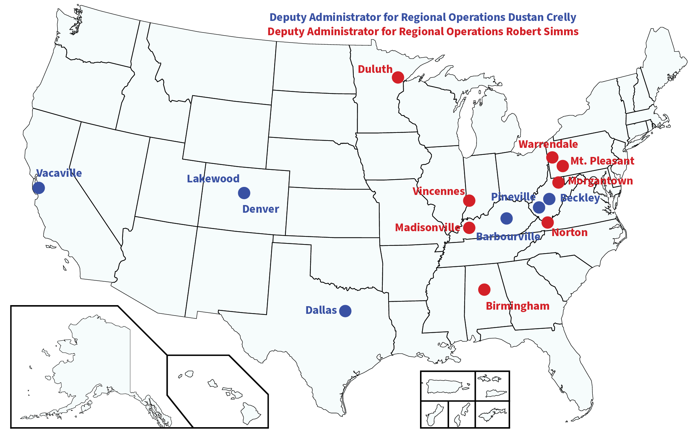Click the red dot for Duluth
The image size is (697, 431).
[x=398, y=77]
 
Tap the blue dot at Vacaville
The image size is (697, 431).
[x=39, y=188]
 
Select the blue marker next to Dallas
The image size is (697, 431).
[x=345, y=311]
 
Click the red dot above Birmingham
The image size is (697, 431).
[x=484, y=289]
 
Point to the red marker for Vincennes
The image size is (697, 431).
[x=469, y=201]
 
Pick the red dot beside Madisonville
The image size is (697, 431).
[x=469, y=228]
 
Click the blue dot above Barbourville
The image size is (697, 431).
[x=507, y=218]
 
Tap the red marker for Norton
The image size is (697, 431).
[x=547, y=222]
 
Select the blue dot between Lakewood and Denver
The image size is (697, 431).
[x=244, y=192]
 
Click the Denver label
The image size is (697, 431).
[x=261, y=209]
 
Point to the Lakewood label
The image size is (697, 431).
[x=213, y=179]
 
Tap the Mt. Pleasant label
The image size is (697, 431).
[x=602, y=161]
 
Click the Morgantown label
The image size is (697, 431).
[x=600, y=181]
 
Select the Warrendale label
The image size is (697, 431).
[x=548, y=144]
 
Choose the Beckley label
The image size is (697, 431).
[x=580, y=198]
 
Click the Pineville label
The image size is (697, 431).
[x=513, y=197]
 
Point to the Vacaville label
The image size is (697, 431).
[x=59, y=173]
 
